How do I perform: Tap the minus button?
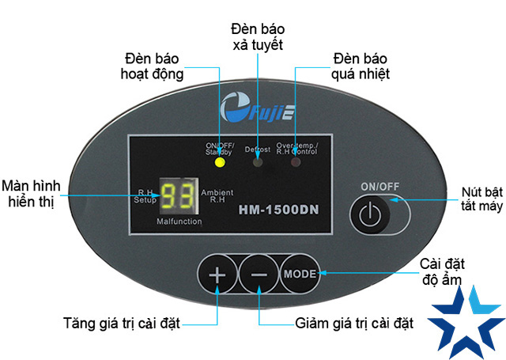pos(259,275)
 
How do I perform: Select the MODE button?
pos(299,275)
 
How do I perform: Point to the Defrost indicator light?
pos(258,163)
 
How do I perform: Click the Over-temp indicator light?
pos(296,163)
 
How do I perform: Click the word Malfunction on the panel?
pos(179,222)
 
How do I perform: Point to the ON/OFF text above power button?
pos(379,186)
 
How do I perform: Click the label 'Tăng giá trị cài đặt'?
pos(122,323)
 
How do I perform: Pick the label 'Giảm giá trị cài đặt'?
pos(354,323)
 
